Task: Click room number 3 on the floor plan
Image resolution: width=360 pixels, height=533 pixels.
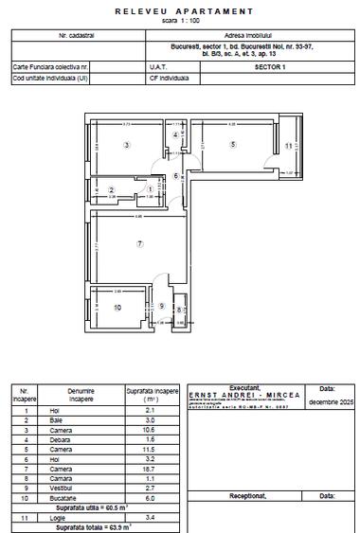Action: coord(126,144)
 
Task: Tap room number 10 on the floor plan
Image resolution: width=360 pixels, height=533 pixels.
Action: coord(117,308)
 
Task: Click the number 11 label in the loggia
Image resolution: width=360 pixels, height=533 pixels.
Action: coord(288,146)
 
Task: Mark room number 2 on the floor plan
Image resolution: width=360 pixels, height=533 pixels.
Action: coord(112,190)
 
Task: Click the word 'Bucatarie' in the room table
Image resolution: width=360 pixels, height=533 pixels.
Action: coord(81,497)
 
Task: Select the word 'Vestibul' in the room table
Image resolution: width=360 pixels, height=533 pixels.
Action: coord(81,488)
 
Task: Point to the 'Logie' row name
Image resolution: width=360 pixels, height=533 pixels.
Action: coord(81,516)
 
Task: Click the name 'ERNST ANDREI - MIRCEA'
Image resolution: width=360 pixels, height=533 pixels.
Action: coord(243,395)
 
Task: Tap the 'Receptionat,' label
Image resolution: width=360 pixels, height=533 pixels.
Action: coord(243,494)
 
